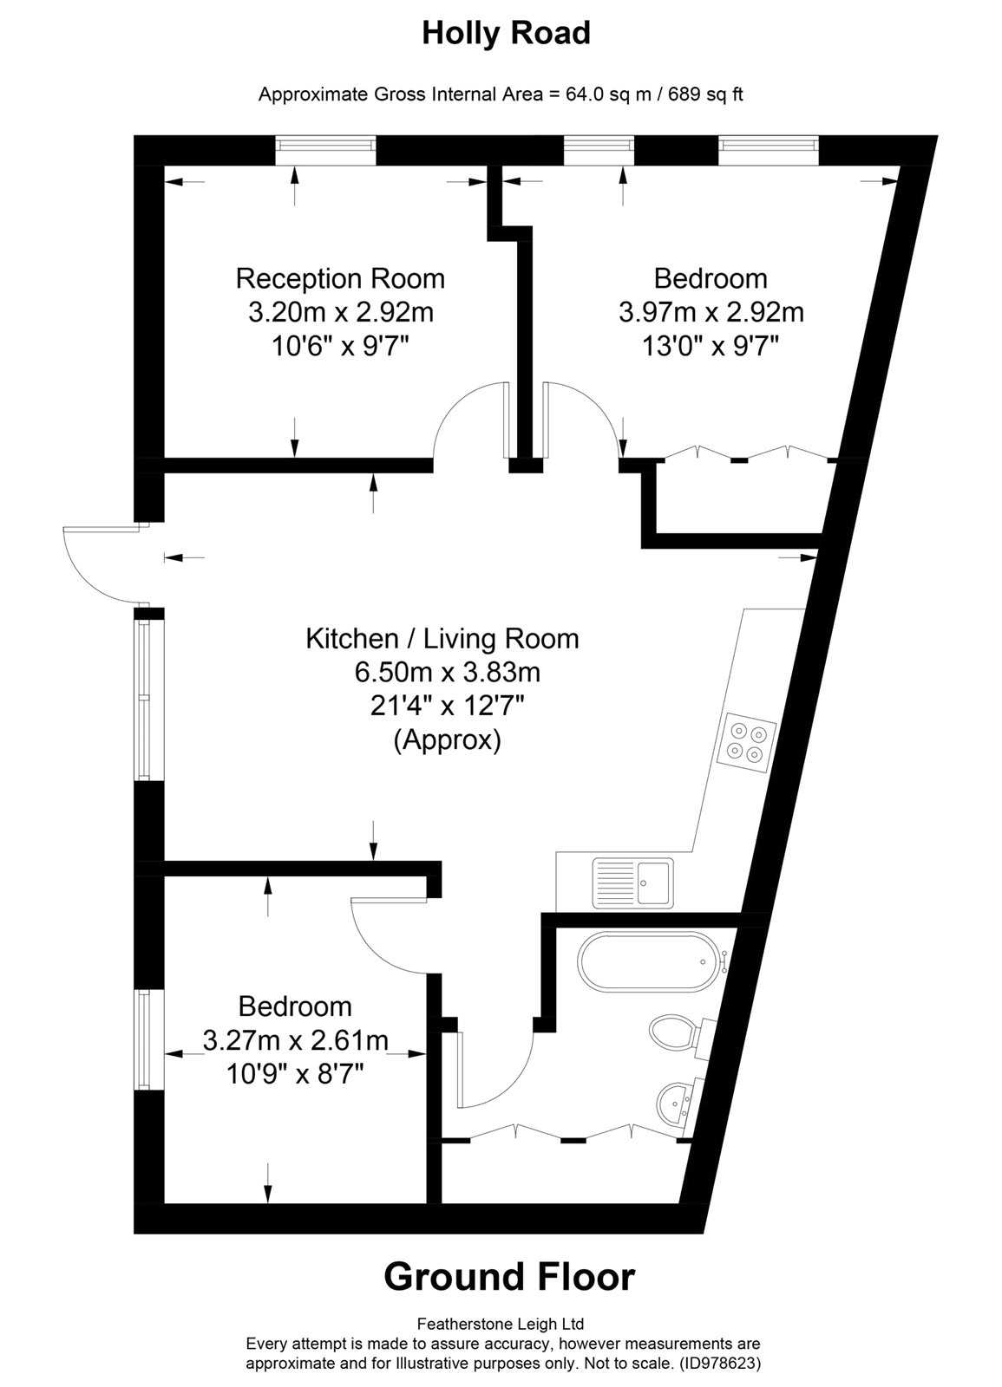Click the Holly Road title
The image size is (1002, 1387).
[x=506, y=34]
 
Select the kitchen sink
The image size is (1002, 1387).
[x=632, y=882]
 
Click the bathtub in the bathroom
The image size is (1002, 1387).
[x=651, y=961]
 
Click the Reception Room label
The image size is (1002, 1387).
[x=340, y=278]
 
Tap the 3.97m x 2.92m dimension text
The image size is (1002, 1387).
[x=711, y=312]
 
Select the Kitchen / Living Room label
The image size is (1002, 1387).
[x=442, y=639]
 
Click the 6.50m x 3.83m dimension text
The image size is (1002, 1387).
[x=447, y=673]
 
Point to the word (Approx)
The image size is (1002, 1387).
[x=447, y=739]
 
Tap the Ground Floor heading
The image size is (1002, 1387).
[x=509, y=1276]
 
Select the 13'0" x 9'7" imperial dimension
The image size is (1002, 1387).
[x=711, y=346]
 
